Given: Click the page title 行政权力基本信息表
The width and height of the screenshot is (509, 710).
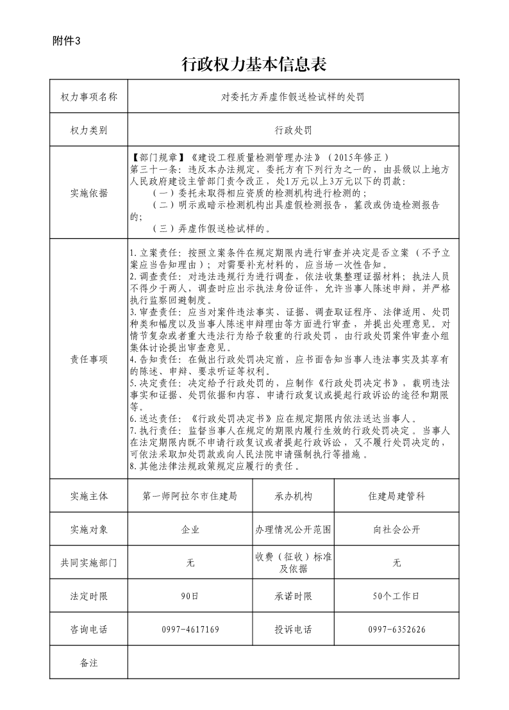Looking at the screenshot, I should click(x=254, y=64).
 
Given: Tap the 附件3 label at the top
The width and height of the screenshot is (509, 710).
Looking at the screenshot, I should click(x=67, y=41).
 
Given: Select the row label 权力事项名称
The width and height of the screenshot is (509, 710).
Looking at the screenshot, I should click(x=88, y=97).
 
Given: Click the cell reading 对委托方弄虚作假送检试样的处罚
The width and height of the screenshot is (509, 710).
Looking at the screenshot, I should click(x=293, y=97).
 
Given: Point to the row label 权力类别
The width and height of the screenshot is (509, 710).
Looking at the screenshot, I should click(x=88, y=130).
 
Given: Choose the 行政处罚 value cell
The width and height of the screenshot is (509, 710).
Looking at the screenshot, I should click(x=293, y=130).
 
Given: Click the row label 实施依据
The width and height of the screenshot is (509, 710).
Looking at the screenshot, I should click(x=88, y=193).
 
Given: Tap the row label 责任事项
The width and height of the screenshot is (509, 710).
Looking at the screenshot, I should click(x=88, y=359).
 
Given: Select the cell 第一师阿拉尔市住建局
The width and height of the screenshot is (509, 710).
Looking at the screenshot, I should click(x=190, y=496).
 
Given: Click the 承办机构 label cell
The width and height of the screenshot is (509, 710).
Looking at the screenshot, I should click(x=294, y=496).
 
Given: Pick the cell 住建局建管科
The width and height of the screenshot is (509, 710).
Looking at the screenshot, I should click(x=396, y=496).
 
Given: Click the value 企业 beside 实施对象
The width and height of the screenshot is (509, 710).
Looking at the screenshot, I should click(x=190, y=529).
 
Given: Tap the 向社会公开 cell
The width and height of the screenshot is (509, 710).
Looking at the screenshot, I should click(x=396, y=529).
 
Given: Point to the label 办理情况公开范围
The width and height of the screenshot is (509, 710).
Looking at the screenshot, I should click(x=294, y=529).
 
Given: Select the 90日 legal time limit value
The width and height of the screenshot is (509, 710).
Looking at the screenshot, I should click(x=190, y=596).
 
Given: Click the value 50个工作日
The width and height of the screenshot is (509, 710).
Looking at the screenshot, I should click(x=396, y=596).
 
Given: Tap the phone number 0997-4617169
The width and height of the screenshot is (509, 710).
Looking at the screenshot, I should click(x=190, y=629).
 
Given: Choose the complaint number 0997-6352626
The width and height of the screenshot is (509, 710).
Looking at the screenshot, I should click(x=396, y=629).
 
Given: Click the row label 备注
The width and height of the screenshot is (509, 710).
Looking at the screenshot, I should click(x=88, y=663).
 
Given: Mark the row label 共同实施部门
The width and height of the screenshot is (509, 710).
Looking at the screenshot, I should click(x=88, y=563).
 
